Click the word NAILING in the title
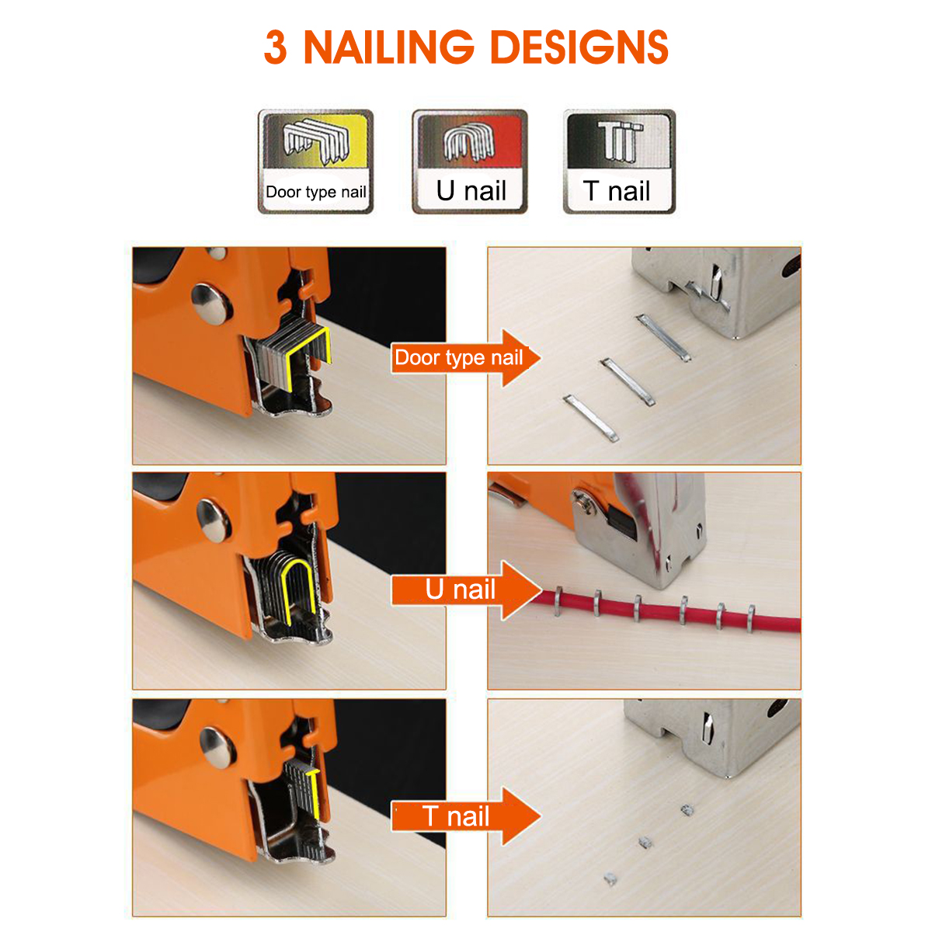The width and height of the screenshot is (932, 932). click(389, 47)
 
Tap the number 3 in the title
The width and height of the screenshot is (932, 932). click(276, 47)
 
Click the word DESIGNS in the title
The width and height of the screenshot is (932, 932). click(579, 47)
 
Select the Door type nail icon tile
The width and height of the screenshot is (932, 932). click(315, 162)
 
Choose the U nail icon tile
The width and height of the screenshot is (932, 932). click(470, 162)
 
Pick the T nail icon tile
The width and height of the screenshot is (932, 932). click(619, 162)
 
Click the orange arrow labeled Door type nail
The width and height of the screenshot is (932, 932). click(466, 358)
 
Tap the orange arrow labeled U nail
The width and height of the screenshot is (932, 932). click(466, 590)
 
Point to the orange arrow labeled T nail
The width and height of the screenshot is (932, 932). click(466, 816)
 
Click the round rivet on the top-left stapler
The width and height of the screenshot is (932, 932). click(211, 304)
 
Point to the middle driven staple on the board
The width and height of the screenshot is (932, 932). click(628, 381)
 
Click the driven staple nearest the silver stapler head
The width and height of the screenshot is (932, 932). click(663, 337)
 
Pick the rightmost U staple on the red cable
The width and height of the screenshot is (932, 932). click(751, 619)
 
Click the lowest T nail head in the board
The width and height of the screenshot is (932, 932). click(610, 878)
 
